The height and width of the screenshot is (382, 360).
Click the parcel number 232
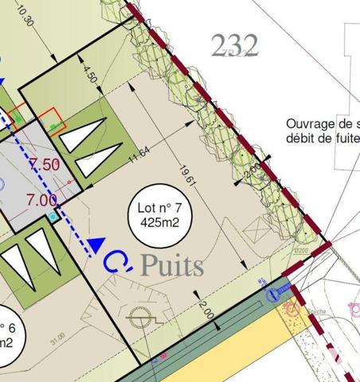tap(236, 45)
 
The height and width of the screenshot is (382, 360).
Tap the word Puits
tap(172, 266)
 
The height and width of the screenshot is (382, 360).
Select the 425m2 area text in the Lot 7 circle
tap(158, 224)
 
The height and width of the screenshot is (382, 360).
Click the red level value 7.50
tap(45, 165)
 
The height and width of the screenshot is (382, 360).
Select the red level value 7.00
tap(41, 200)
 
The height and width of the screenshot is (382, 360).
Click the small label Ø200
tap(300, 254)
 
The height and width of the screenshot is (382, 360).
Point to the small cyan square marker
tap(53, 216)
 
